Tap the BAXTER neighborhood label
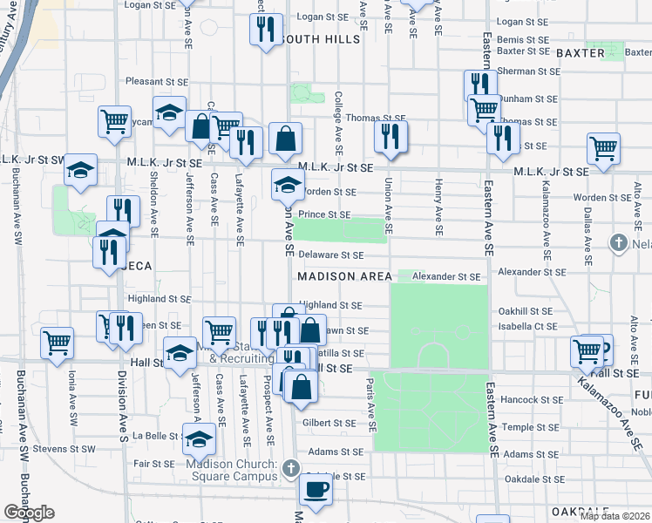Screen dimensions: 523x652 click(x=580, y=53)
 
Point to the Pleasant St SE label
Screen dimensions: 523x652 click(x=152, y=81)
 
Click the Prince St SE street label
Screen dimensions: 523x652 click(x=324, y=214)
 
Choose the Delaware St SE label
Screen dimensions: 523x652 click(x=330, y=255)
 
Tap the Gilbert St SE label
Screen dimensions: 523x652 click(x=329, y=423)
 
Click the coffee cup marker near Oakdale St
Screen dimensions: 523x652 click(x=316, y=489)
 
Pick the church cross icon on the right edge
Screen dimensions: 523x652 click(x=618, y=241)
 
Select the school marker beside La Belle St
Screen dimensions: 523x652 click(x=199, y=438)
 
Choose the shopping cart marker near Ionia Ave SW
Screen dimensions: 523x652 click(x=57, y=343)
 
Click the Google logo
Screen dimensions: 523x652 click(x=29, y=513)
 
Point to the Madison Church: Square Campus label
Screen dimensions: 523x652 click(x=233, y=471)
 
